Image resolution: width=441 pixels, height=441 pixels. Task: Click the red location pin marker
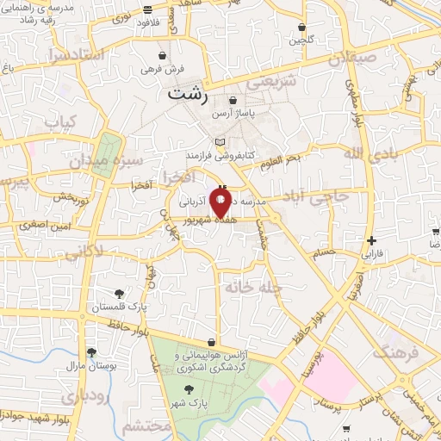[x=220, y=202]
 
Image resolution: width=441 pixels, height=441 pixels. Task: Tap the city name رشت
[x=188, y=95]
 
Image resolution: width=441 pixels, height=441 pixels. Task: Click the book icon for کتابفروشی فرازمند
[x=220, y=142]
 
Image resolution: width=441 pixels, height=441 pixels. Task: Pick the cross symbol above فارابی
[x=371, y=240]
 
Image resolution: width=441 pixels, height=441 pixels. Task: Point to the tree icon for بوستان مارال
[x=91, y=351]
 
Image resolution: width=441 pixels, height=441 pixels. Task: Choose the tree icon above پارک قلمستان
[x=120, y=294]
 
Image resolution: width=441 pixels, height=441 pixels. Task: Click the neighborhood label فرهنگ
[x=395, y=351]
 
